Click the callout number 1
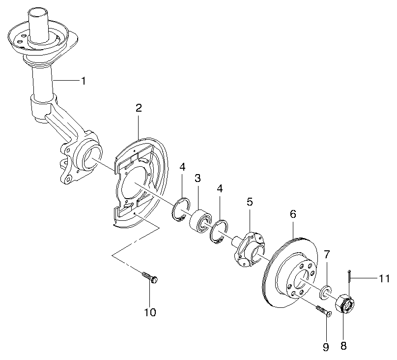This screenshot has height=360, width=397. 83,81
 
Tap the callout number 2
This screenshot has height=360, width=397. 139,108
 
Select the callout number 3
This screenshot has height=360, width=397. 198,178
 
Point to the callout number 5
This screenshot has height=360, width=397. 250,202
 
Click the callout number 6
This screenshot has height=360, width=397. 293,214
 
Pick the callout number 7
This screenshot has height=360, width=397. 327,255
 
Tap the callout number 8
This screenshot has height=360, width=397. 343,346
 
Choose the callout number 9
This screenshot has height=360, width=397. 326,347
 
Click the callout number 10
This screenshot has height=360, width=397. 150,312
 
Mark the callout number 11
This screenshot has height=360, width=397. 384,279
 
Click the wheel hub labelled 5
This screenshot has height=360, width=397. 250,249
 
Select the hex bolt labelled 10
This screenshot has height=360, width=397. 150,277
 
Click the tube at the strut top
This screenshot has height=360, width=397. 38,25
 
